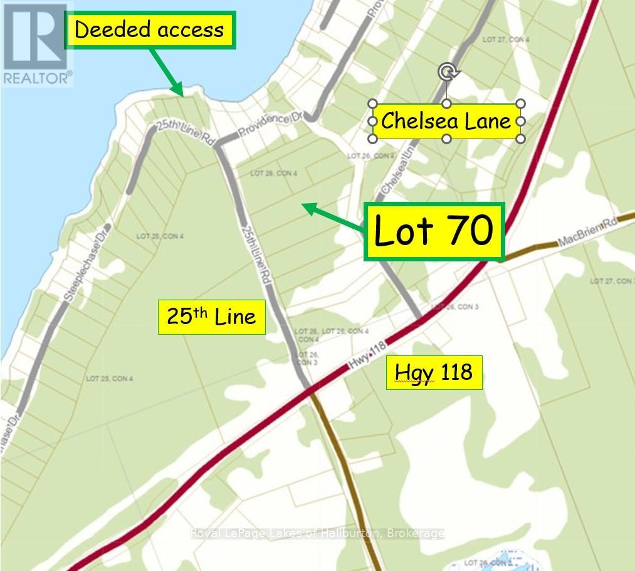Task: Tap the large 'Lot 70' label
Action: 434,231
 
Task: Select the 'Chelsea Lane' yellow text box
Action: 446,121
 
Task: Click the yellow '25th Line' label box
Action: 211,317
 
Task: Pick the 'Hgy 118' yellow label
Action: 434,372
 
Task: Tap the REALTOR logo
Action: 36,44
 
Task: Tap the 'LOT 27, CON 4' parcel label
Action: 506,39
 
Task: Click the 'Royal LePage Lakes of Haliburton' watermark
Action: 317,533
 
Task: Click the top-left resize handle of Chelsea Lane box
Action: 372,104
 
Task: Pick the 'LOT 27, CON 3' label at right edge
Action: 611,281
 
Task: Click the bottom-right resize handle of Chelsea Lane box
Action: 520,138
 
